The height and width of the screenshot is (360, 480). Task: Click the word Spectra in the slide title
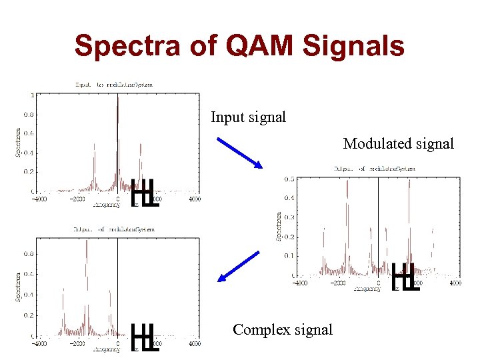coord(126,47)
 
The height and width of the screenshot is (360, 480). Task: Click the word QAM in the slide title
coord(253,47)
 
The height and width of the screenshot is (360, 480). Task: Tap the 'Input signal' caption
coord(248,117)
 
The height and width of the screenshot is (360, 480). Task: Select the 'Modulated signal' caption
coord(398,143)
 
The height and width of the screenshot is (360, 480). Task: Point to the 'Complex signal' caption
coord(282,329)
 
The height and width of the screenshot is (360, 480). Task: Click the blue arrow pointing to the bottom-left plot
coord(239,267)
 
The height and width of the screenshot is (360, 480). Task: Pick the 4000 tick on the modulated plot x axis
coord(455,283)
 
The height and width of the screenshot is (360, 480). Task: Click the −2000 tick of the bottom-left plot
coord(78,343)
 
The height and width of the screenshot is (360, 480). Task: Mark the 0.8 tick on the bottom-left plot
coord(29,254)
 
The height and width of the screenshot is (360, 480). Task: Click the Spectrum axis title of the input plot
coord(19,142)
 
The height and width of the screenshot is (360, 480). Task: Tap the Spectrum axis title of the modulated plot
coord(279,226)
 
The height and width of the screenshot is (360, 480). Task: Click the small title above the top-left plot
coord(114,85)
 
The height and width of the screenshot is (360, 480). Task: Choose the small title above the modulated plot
coord(374,169)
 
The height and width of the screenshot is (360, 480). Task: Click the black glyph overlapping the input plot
coord(145,193)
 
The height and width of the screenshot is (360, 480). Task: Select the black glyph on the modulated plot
coord(405,277)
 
